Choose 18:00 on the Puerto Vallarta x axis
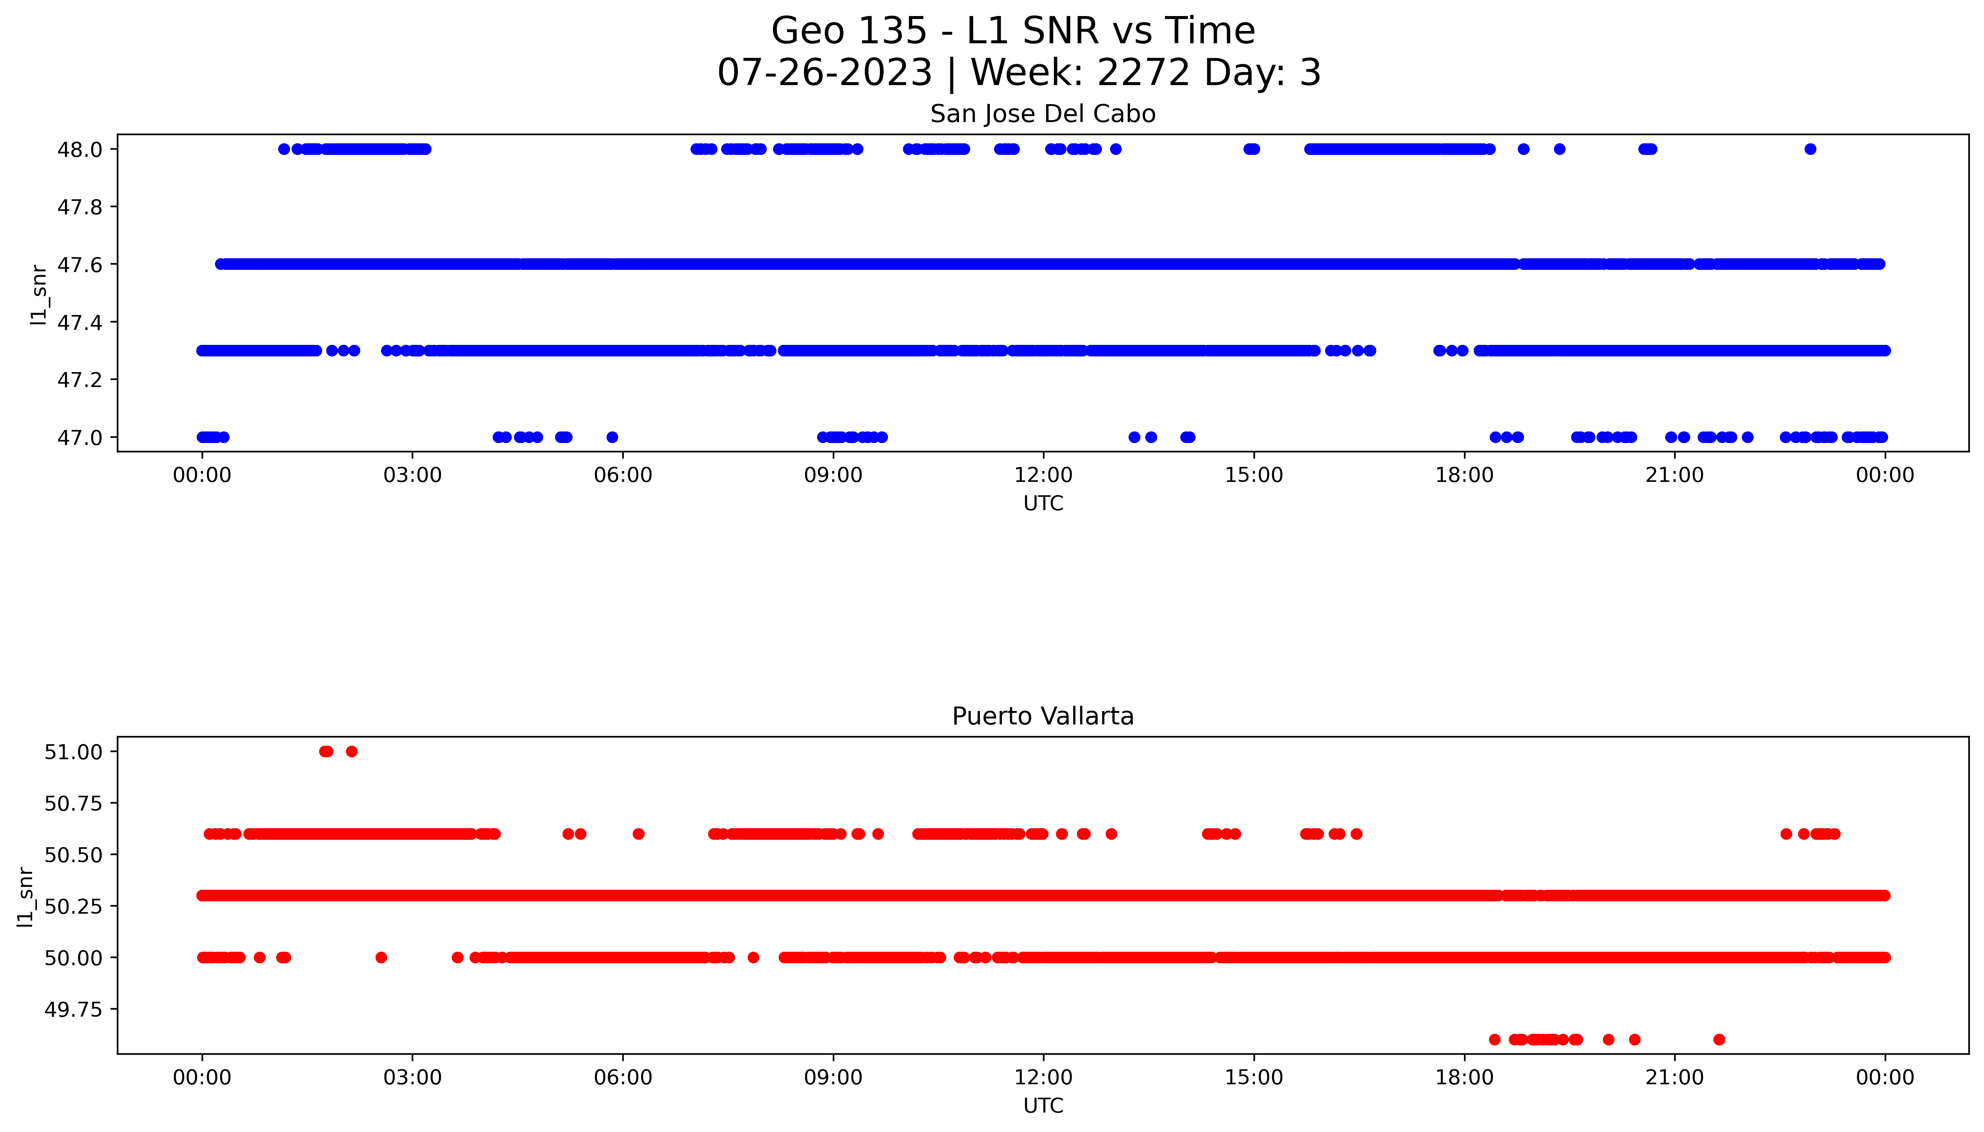1464,1078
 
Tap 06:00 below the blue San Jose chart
623,475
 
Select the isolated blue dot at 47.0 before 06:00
612,437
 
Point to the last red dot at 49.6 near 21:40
1719,1039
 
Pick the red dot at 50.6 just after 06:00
638,834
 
